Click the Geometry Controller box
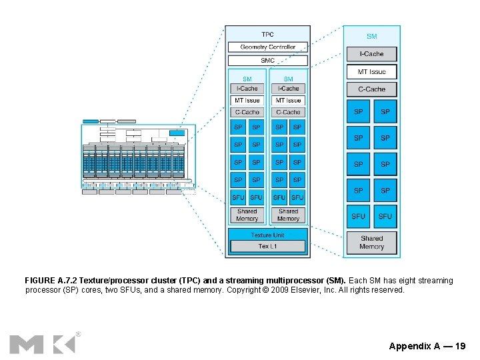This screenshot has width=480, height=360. [267, 47]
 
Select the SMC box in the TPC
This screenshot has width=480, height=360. [267, 60]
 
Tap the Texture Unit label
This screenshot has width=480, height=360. [267, 235]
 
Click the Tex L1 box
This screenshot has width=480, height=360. [267, 246]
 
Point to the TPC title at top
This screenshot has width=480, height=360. [267, 34]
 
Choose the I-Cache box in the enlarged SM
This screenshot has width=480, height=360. [371, 54]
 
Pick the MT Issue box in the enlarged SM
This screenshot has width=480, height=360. [371, 71]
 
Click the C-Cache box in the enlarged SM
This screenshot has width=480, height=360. [371, 89]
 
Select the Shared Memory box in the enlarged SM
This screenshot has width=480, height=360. [371, 242]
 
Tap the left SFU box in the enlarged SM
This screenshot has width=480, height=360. [359, 216]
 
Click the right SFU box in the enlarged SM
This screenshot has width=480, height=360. [385, 216]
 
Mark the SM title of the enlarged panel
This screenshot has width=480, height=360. [371, 36]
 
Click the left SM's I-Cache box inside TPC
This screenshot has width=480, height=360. [247, 89]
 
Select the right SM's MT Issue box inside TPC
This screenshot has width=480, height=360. [288, 100]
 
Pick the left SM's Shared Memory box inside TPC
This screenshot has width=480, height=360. [247, 215]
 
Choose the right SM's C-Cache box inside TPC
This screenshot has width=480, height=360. [288, 112]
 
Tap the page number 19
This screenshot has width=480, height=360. [460, 346]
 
